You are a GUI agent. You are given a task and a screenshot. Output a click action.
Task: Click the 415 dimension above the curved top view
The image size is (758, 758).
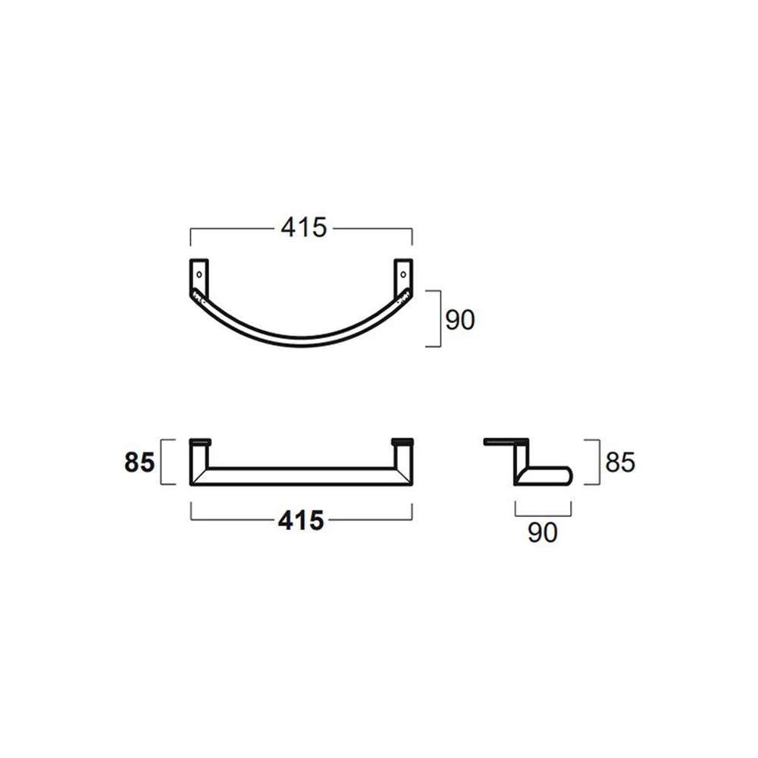[304, 227]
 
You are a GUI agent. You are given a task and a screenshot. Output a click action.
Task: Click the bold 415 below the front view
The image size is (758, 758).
[301, 521]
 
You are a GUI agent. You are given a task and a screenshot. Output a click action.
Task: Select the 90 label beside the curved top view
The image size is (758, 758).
[460, 320]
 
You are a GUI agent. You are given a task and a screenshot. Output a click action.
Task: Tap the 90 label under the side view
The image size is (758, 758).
[543, 532]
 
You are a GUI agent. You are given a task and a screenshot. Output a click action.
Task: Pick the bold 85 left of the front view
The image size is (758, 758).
[139, 462]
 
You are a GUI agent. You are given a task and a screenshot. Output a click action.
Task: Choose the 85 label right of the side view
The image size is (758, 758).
[620, 462]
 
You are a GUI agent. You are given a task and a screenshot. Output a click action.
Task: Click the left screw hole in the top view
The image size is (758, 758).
[199, 274]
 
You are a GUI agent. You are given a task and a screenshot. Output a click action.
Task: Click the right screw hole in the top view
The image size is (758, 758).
[403, 274]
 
